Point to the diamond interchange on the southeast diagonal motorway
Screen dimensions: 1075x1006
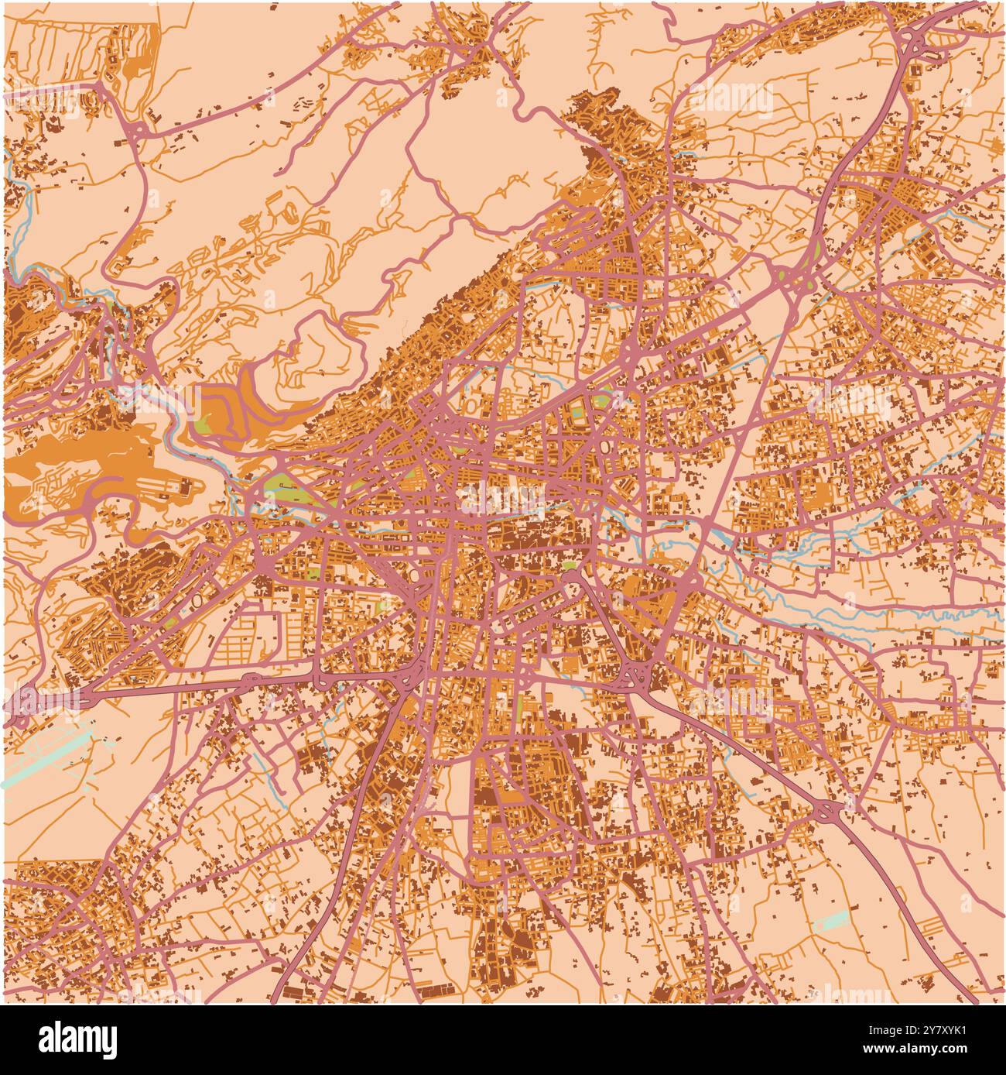pyautogui.click(x=829, y=811)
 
